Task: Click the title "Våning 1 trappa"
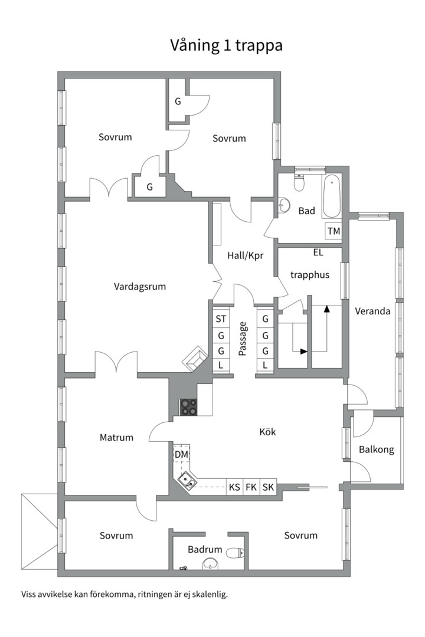(226, 45)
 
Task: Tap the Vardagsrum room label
(140, 287)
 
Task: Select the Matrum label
(116, 438)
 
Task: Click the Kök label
(267, 431)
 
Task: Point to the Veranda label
(372, 311)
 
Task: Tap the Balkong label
(376, 449)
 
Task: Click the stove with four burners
(189, 407)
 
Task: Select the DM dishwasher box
(181, 454)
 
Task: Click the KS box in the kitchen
(234, 487)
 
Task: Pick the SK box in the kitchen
(268, 487)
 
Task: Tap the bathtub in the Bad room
(332, 196)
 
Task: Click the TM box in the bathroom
(334, 231)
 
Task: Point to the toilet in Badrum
(235, 553)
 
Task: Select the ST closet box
(221, 319)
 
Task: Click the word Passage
(243, 339)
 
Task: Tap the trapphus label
(310, 275)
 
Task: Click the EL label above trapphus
(318, 252)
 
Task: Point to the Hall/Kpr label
(245, 255)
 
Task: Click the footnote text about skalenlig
(125, 595)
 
